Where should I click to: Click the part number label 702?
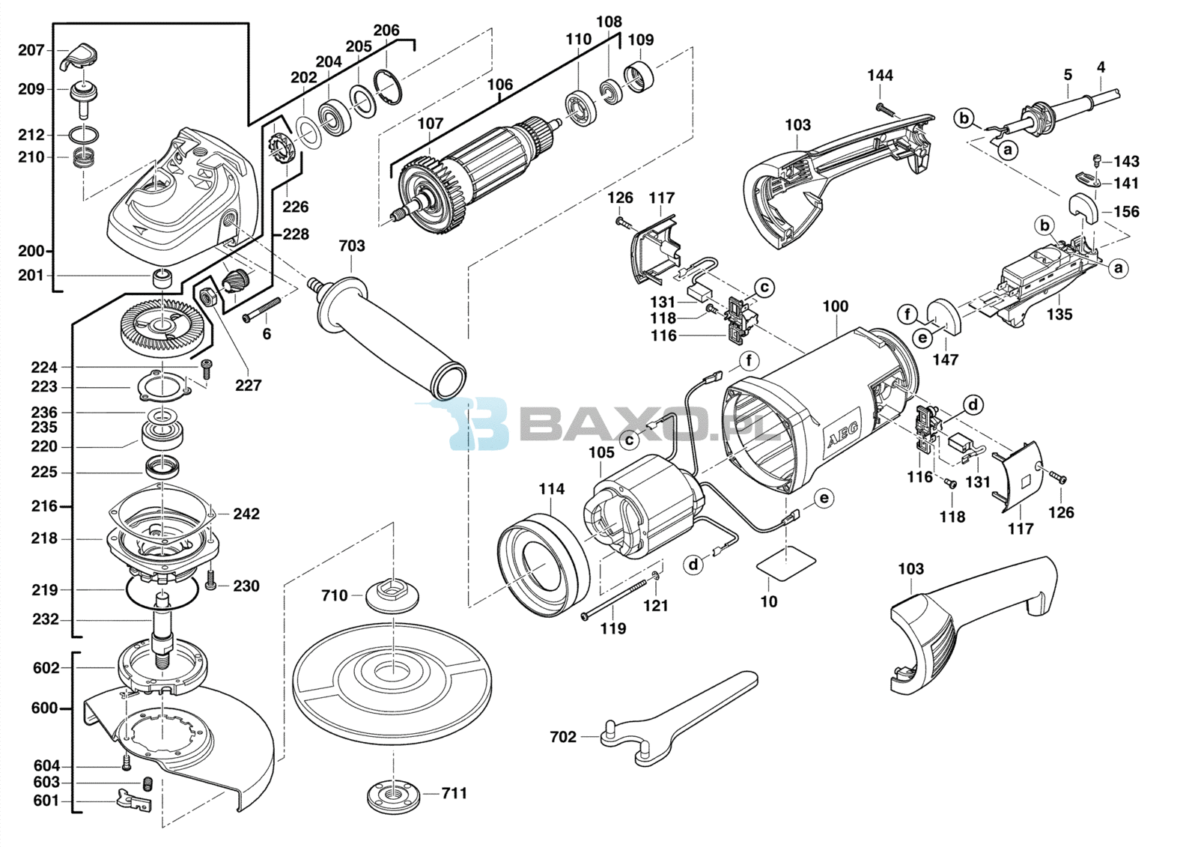[563, 737]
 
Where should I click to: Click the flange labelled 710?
[392, 594]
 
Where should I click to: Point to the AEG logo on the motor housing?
[842, 434]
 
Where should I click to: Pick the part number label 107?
[431, 124]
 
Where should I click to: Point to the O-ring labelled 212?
[85, 134]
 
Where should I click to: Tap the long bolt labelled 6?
[262, 309]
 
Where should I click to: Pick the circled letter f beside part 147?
[907, 314]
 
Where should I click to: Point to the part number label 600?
[44, 708]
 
